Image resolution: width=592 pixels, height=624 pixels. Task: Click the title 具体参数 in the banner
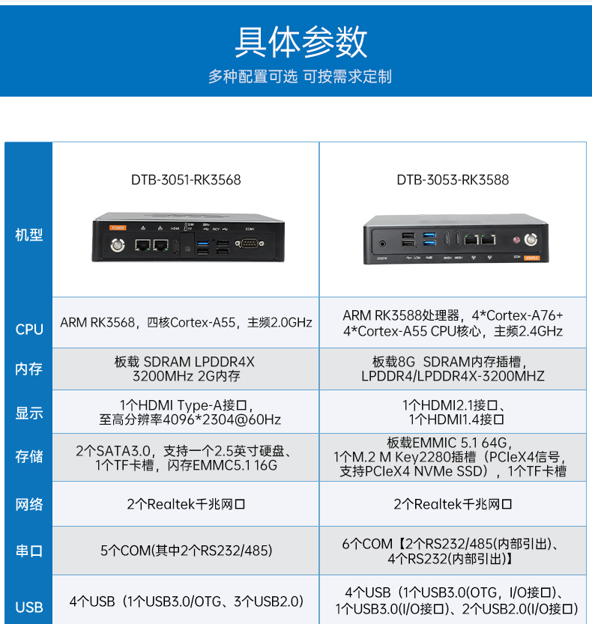[x=300, y=42]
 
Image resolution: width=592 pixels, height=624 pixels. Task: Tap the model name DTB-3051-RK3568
[x=186, y=180]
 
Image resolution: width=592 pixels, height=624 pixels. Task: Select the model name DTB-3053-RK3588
[x=453, y=180]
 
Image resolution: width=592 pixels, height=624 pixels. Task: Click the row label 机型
[x=29, y=234]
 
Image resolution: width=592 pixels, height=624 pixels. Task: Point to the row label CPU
[x=29, y=329]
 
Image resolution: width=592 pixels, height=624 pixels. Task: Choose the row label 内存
[x=29, y=369]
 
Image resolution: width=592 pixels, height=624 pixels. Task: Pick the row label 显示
[x=29, y=413]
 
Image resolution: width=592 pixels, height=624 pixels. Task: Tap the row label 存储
[x=29, y=456]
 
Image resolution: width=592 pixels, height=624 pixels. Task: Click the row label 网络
[x=29, y=504]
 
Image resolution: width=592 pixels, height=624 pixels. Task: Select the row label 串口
[x=29, y=551]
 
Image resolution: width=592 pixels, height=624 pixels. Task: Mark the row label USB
[x=29, y=607]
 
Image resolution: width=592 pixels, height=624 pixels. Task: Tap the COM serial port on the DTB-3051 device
[x=249, y=243]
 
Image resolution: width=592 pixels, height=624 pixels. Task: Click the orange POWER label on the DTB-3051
[x=118, y=227]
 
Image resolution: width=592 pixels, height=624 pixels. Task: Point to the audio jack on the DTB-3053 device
[x=383, y=243]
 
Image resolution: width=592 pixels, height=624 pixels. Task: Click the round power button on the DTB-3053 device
[x=531, y=240]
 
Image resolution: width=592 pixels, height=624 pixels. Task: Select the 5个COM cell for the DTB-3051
[x=186, y=551]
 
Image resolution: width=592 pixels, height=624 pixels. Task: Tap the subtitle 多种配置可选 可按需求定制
[x=300, y=76]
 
